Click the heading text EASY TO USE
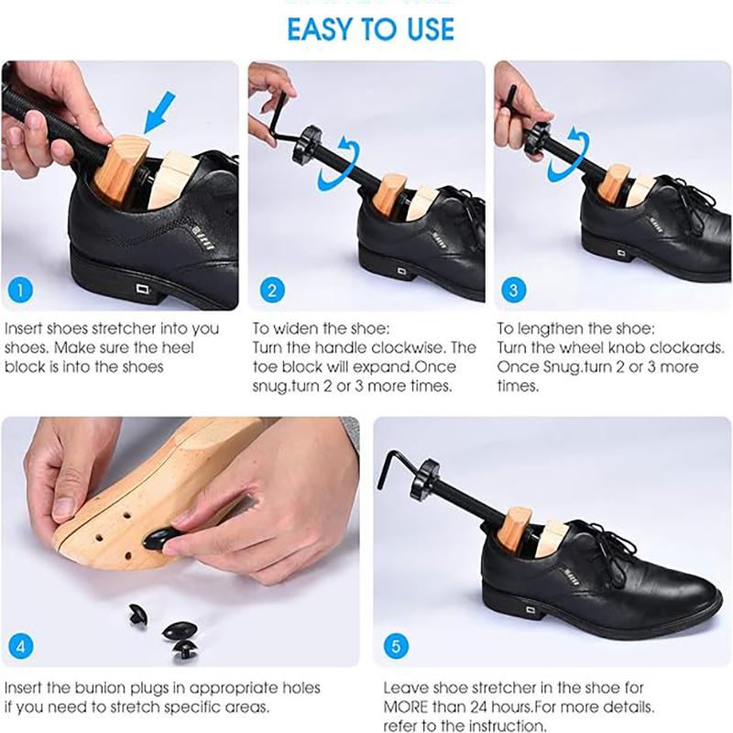click(370, 28)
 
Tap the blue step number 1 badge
click(19, 291)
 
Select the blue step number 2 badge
click(271, 291)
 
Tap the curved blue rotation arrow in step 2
click(334, 164)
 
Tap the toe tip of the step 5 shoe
click(706, 605)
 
